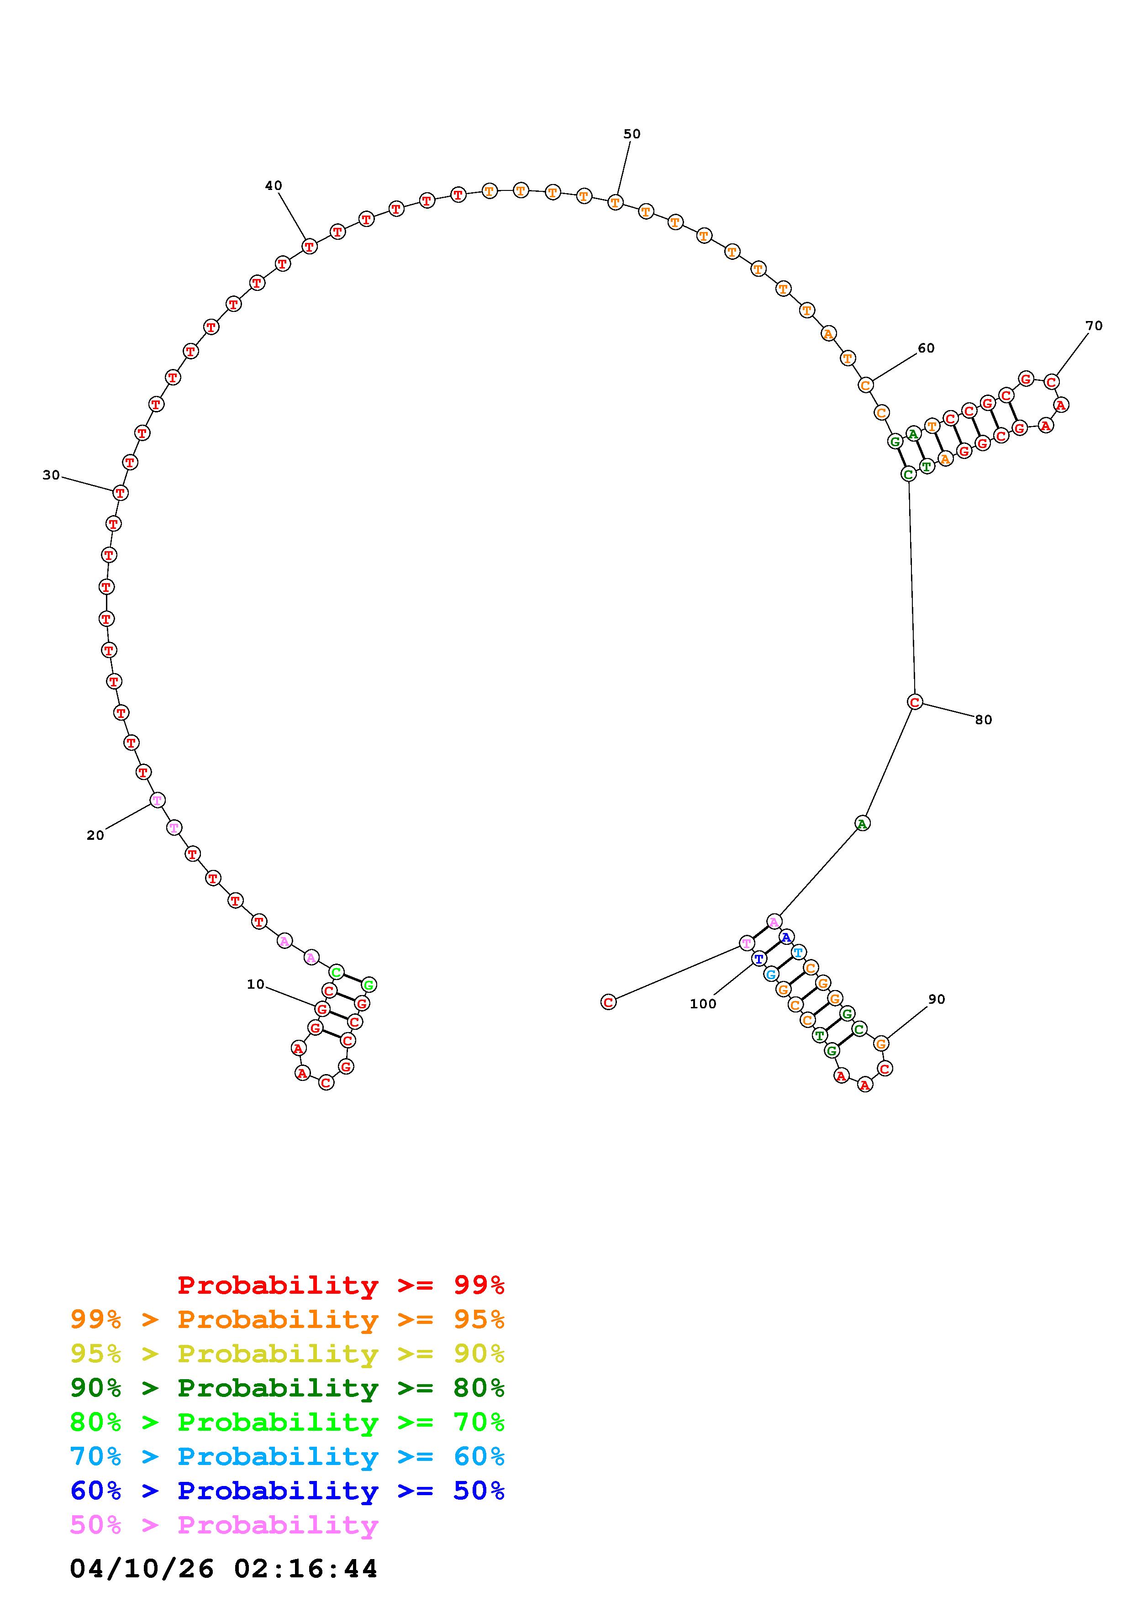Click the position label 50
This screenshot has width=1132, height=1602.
[x=632, y=134]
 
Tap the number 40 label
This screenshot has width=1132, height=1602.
[x=274, y=185]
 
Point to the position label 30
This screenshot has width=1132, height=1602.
[x=51, y=475]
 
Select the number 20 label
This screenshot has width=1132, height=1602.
[x=95, y=835]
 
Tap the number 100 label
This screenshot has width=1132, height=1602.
[x=703, y=1004]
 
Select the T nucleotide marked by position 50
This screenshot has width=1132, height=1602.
[x=615, y=202]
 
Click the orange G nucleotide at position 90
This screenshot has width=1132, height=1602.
[x=881, y=1044]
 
